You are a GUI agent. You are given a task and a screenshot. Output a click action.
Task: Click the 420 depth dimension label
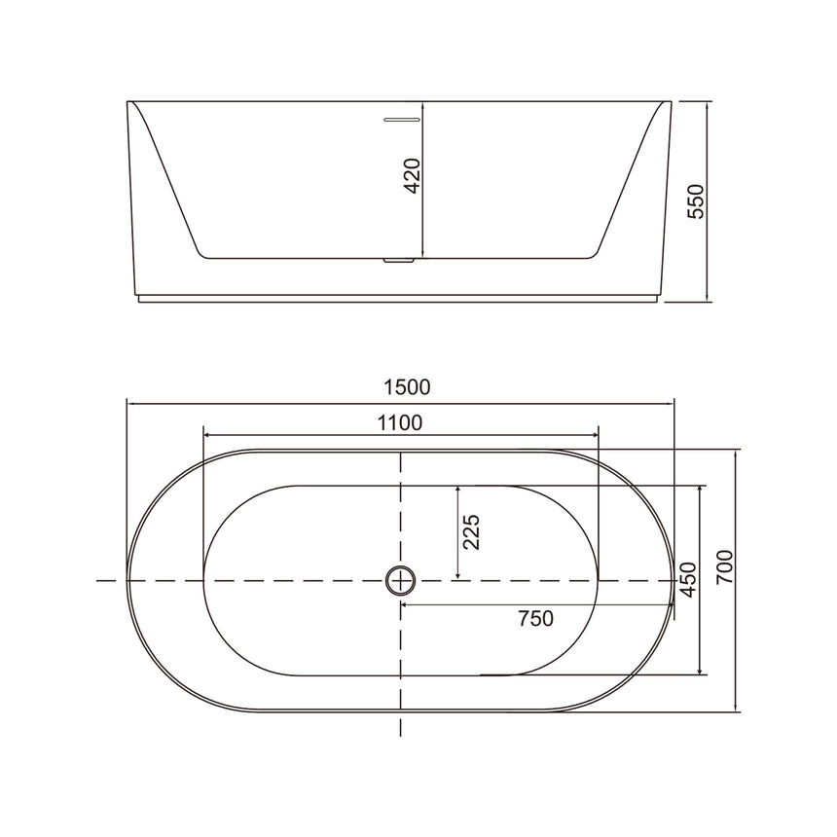pos(412,175)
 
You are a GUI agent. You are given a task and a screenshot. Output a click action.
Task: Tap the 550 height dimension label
pos(694,200)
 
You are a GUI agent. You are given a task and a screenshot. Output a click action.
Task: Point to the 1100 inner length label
pos(399,422)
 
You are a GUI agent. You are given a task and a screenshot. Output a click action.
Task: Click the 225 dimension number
pos(472,532)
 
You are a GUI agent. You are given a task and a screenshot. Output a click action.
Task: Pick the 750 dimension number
pos(535,619)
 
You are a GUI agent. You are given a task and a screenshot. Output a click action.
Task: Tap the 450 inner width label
pos(687,579)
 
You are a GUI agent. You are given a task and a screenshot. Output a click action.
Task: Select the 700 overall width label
pos(723,566)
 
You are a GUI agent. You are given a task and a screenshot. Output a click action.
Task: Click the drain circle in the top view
pos(400,580)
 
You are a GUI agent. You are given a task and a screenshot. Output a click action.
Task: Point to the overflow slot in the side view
pos(401,120)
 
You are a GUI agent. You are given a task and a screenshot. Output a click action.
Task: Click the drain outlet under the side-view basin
pos(400,260)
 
